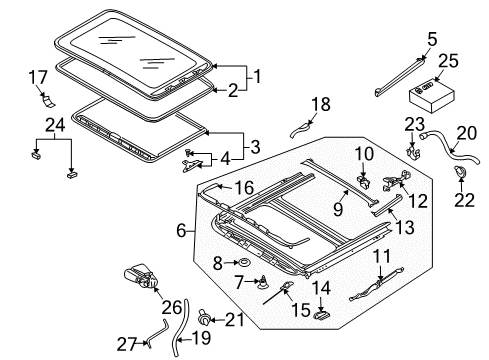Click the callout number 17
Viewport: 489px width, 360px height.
(x=38, y=78)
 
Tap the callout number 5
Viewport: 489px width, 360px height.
(x=432, y=39)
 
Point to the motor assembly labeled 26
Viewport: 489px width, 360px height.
(x=141, y=276)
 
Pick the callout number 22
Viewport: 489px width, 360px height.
(x=464, y=200)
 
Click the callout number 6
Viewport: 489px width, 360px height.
(x=181, y=231)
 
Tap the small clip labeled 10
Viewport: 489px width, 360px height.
(x=364, y=182)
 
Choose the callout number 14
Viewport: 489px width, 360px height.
(x=321, y=288)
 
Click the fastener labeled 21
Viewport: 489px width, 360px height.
(x=204, y=319)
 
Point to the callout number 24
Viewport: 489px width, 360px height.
(x=55, y=126)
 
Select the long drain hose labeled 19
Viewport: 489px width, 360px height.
(x=180, y=328)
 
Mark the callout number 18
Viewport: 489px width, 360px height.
(x=321, y=104)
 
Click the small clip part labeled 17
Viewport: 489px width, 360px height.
(x=48, y=100)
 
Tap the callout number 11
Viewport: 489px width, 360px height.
(x=381, y=257)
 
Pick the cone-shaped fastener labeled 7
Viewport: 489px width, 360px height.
(x=264, y=283)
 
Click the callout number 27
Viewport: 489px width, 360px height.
(x=127, y=344)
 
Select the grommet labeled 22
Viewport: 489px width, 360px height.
(x=460, y=172)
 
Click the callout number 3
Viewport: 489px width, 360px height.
(x=255, y=147)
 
